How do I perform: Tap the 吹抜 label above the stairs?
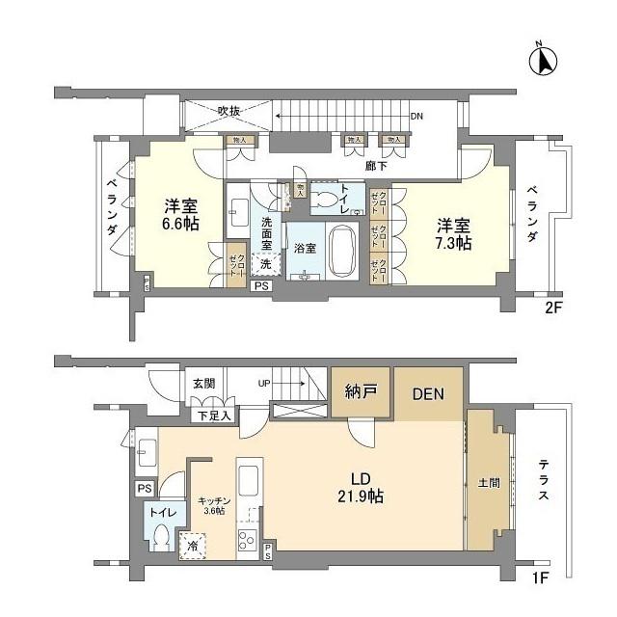(228, 111)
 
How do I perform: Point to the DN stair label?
(416, 117)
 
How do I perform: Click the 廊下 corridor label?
(377, 166)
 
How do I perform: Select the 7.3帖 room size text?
(452, 244)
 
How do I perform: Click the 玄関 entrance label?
(202, 383)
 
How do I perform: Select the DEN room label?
(428, 394)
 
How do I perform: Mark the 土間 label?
(488, 482)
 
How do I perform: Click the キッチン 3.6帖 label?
(213, 506)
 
